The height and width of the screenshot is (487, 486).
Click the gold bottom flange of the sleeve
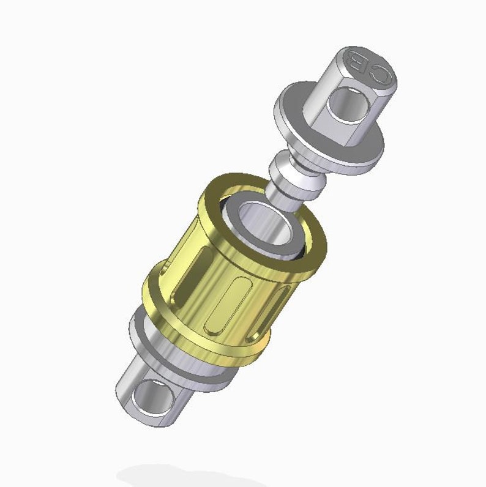point(202,349)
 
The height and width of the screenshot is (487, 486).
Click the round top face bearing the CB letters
point(367,67)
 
